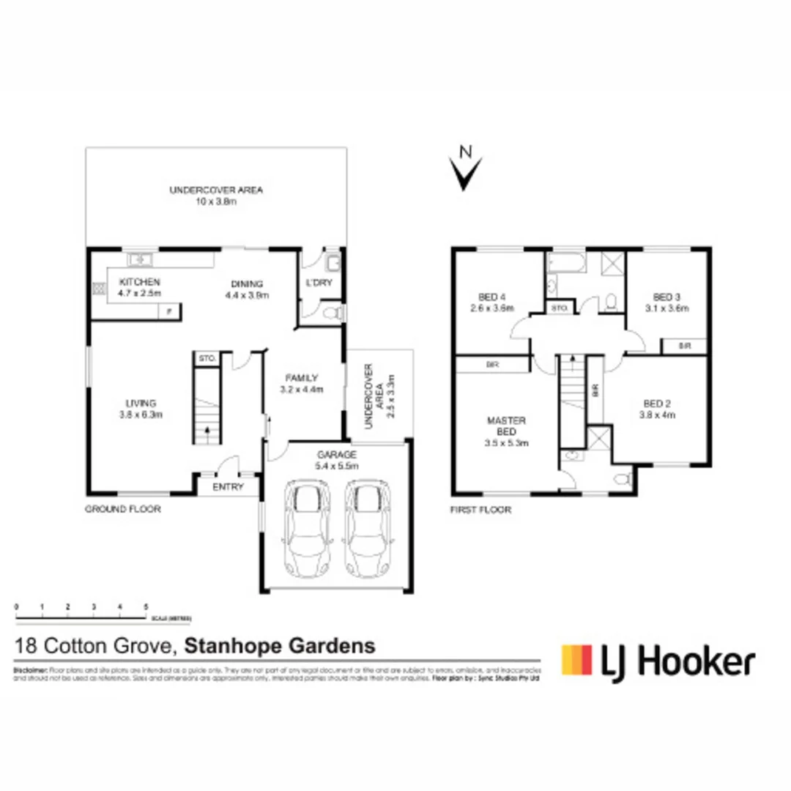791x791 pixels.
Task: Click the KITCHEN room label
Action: [x=139, y=282]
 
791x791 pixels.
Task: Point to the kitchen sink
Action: [x=139, y=259]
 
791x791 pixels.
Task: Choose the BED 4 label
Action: [x=492, y=297]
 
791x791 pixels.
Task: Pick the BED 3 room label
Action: [x=666, y=297]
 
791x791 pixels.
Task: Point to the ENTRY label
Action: [x=227, y=487]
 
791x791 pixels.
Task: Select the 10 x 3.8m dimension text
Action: [x=216, y=201]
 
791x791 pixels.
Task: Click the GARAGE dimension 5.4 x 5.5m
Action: [x=336, y=465]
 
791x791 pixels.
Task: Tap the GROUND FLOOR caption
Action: [x=122, y=509]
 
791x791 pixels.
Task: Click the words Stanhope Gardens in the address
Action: [x=279, y=646]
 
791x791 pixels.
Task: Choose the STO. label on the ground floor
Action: [x=207, y=359]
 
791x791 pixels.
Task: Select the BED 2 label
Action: [x=657, y=403]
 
